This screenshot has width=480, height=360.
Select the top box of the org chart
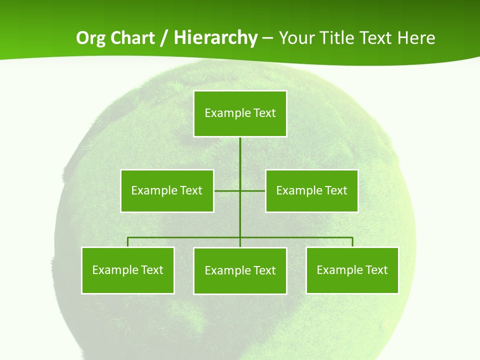tap(240, 113)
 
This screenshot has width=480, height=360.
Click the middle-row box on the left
tap(167, 190)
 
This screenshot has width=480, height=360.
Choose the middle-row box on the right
tap(311, 190)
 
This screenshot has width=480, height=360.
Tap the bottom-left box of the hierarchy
tap(128, 270)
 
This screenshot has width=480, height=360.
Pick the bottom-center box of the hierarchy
tap(240, 270)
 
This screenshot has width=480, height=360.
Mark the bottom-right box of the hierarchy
tap(352, 270)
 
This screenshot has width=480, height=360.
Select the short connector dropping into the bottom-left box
tap(128, 242)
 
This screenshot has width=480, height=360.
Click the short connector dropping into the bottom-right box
tap(352, 242)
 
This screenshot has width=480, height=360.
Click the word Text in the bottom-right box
tap(376, 270)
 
